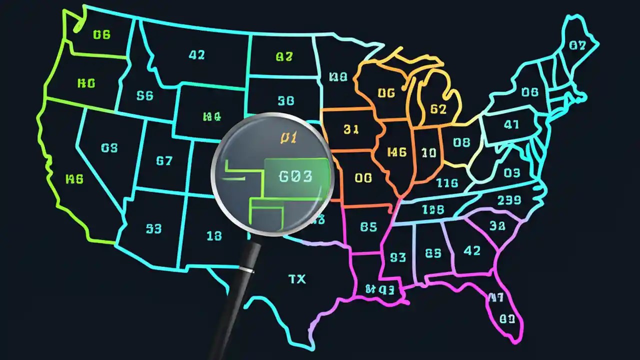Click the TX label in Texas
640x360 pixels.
click(x=297, y=279)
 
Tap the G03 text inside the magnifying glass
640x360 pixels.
click(x=295, y=176)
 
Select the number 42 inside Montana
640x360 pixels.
click(x=197, y=55)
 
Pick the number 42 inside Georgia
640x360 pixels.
click(x=472, y=250)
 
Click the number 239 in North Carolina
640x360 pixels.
click(x=509, y=200)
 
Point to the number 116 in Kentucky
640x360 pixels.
click(x=447, y=183)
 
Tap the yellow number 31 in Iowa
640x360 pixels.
click(x=351, y=129)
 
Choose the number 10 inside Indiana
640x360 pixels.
click(x=429, y=153)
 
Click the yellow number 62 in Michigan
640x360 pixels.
click(x=438, y=108)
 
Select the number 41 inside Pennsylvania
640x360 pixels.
click(x=511, y=125)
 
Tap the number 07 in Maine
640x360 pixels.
click(x=577, y=45)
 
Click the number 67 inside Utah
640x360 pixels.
click(x=164, y=161)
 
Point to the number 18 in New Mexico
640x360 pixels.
click(x=214, y=235)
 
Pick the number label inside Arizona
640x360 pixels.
click(x=153, y=228)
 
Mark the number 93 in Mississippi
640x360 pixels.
click(x=398, y=257)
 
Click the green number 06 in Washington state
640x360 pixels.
click(x=101, y=34)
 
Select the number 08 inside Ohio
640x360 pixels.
click(x=461, y=142)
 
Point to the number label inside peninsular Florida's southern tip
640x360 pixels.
click(x=507, y=318)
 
